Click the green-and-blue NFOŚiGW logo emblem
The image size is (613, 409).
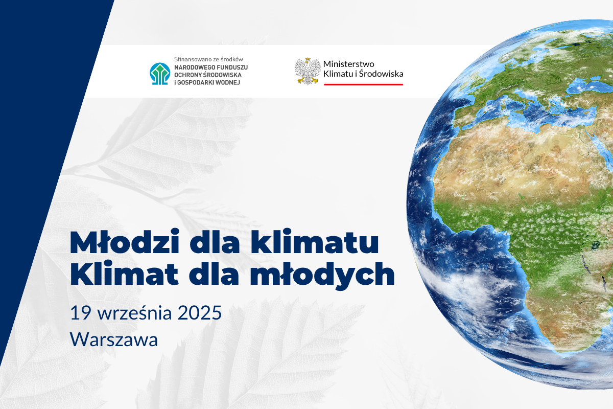click(160, 74)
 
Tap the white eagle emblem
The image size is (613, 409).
click(308, 71)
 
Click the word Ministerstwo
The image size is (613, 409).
click(348, 64)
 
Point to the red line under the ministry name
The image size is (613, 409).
click(363, 84)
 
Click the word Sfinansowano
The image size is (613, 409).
click(191, 59)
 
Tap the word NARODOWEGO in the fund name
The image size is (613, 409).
click(195, 67)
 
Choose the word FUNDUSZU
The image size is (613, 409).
click(232, 67)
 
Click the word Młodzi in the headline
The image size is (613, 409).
click(125, 241)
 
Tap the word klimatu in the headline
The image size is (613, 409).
click(315, 241)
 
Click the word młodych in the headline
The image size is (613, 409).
click(322, 275)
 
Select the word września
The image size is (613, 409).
click(135, 312)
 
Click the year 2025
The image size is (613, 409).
click(200, 312)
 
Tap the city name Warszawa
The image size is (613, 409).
click(114, 339)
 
